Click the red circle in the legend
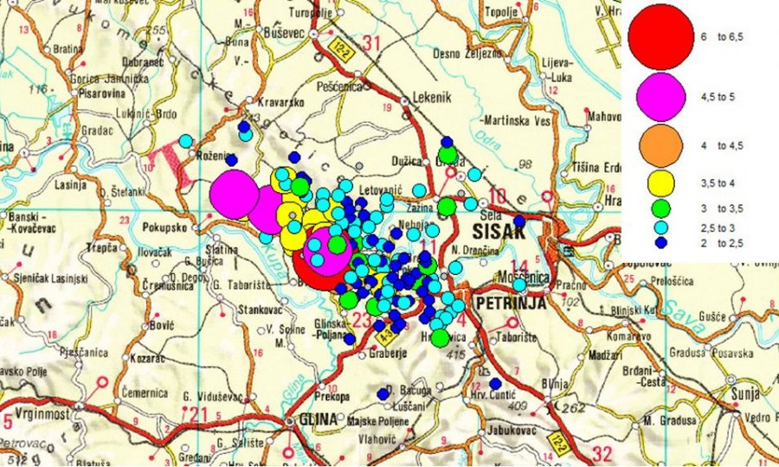click(661, 37)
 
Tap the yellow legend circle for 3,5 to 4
click(661, 182)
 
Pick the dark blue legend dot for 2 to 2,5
click(661, 243)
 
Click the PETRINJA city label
click(508, 304)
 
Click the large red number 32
click(602, 452)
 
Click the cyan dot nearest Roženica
click(185, 141)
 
